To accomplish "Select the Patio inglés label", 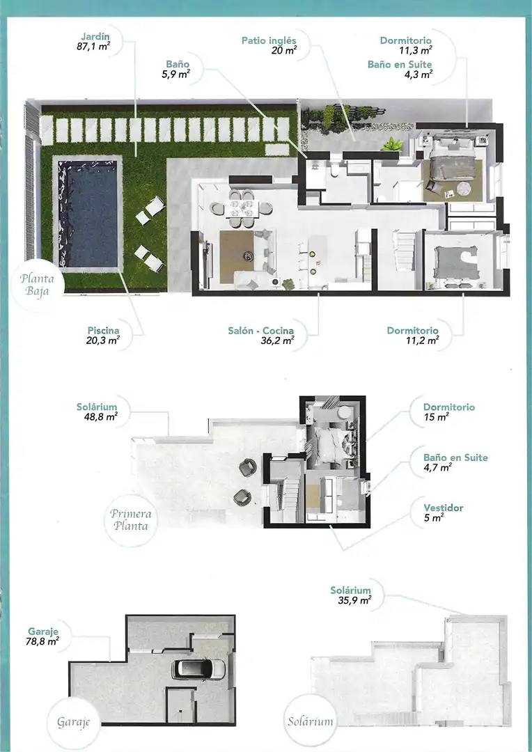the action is pos(269,40).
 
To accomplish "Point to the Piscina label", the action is pos(103,331).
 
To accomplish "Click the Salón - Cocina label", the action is pos(261,331).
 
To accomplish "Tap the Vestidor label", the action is pos(444,508).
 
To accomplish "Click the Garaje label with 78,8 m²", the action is pos(43,631).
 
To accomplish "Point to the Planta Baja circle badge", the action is pos(36,285).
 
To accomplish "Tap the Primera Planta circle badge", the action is pos(130,520).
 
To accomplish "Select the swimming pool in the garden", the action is pos(87,214).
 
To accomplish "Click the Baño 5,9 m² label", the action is pos(178,69).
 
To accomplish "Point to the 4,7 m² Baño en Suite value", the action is pos(437,468).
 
